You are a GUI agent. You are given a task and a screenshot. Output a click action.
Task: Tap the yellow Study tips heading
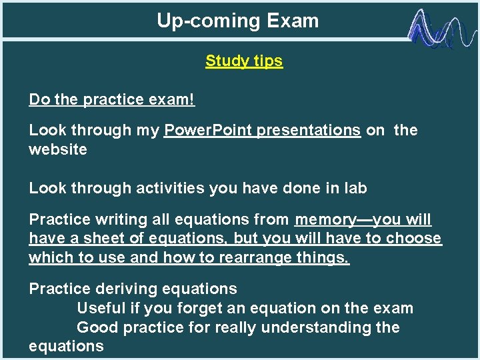[243, 61]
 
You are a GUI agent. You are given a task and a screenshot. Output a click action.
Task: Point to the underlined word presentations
[308, 130]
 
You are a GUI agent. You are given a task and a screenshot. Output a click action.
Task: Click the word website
[58, 149]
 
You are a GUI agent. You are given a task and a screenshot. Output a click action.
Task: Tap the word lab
[354, 189]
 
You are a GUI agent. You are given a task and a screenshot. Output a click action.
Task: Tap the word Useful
[103, 308]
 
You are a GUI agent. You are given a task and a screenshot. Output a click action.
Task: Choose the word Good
[96, 327]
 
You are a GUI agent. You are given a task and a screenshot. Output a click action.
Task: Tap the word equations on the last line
[66, 346]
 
